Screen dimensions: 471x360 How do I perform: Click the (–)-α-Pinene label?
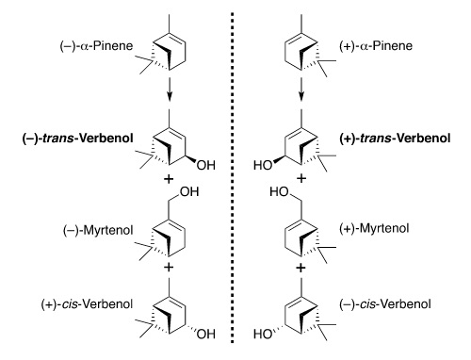pos(96,46)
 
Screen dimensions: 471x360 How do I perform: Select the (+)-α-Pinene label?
pos(376,46)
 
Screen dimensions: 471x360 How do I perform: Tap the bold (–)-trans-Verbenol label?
pos(77,139)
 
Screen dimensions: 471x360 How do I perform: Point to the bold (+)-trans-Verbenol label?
pos(395,139)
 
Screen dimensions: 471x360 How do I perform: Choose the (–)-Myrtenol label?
pos(98,231)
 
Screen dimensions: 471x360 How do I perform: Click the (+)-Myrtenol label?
pos(374,228)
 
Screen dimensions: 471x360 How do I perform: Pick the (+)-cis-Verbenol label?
pos(87,304)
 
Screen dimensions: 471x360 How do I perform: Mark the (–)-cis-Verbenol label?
pos(385,304)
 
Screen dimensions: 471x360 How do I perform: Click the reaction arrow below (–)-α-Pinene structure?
pos(170,90)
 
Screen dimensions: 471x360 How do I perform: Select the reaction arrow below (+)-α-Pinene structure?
pos(301,90)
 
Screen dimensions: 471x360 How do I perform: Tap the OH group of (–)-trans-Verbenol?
pos(206,165)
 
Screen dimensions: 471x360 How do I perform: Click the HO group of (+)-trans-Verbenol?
pos(263,165)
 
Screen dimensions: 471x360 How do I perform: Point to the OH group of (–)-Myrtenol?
pos(189,191)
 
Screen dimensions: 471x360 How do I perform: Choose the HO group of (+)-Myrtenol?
pos(279,191)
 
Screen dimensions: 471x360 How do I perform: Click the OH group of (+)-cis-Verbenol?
pos(206,334)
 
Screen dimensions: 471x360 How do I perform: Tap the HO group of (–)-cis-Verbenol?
pos(263,334)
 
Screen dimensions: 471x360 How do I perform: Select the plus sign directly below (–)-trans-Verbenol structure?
pos(169,179)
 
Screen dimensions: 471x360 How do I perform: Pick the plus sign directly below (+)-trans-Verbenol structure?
pos(301,178)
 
